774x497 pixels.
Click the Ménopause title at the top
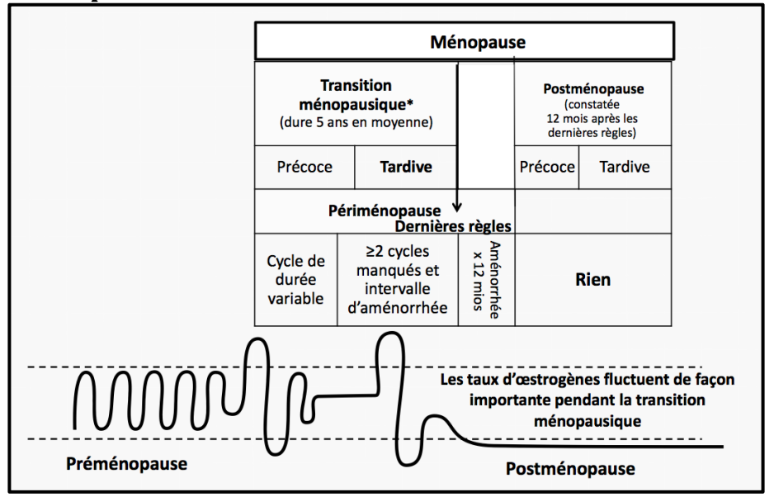[x=478, y=41]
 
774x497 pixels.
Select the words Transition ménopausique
[x=356, y=94]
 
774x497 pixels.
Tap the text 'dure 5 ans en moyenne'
[x=356, y=123]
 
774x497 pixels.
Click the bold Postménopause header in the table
[x=594, y=88]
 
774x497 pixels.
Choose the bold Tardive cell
[x=406, y=167]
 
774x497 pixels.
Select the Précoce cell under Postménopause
[x=546, y=167]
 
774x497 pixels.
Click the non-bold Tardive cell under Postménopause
[x=625, y=167]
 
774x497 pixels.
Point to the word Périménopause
[x=385, y=211]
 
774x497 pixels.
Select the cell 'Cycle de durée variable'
[x=295, y=279]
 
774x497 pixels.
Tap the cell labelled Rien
[x=592, y=279]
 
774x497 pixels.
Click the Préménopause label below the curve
[x=126, y=463]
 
